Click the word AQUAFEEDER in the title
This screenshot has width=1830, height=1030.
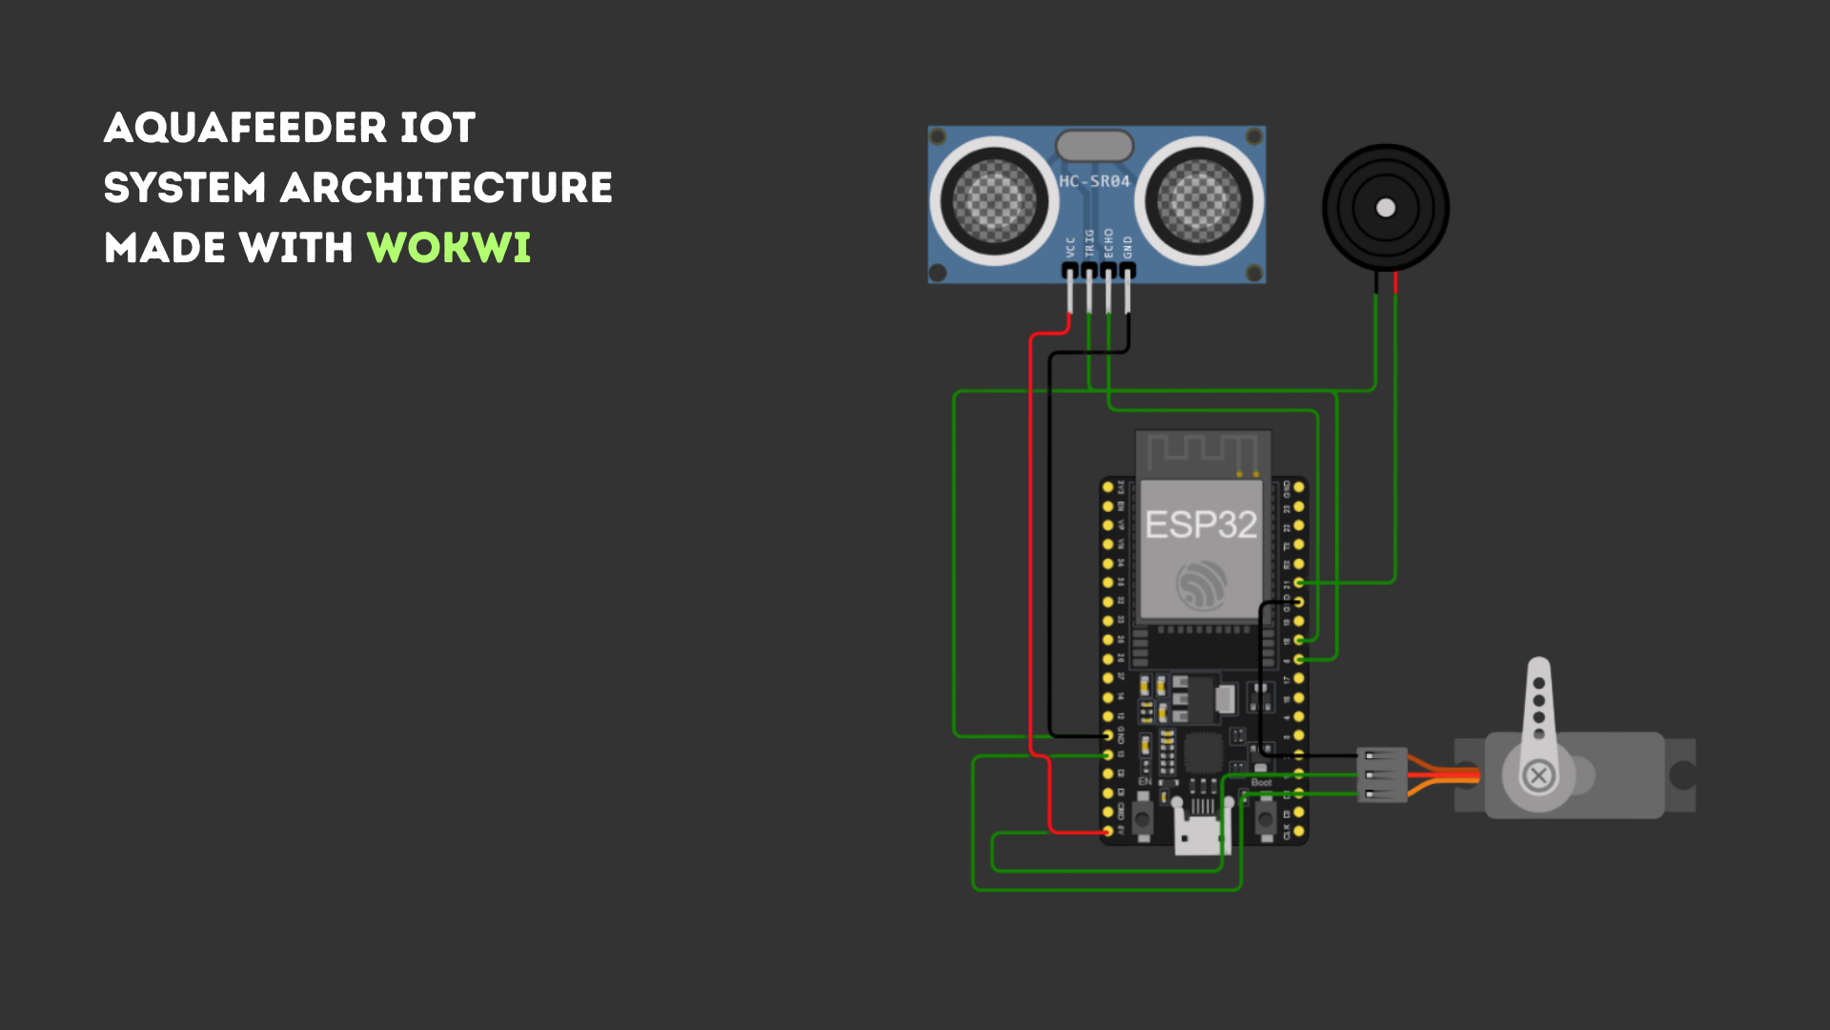[245, 128]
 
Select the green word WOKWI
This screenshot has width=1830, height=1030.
[448, 248]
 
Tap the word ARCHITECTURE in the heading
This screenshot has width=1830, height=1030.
[446, 188]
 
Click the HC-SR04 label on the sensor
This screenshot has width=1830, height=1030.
[1094, 181]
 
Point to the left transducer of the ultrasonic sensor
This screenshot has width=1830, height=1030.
[994, 201]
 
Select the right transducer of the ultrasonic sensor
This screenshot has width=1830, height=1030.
[1199, 201]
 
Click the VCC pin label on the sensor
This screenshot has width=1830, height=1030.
[1070, 247]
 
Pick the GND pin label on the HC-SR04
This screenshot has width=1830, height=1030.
[1128, 247]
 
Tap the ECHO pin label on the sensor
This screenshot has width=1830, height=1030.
[1108, 243]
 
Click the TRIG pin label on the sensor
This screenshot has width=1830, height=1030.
[1089, 244]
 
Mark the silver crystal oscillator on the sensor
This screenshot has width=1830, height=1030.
[1094, 146]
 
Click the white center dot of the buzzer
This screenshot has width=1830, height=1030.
[1386, 208]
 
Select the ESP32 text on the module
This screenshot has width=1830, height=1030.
[1201, 525]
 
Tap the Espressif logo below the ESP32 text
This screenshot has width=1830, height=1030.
[1201, 585]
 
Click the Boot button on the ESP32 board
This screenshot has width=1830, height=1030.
[1265, 817]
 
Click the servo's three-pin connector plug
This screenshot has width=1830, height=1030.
[1383, 774]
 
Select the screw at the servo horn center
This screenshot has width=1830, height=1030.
[1538, 775]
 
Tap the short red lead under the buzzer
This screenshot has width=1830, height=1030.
[1395, 282]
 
